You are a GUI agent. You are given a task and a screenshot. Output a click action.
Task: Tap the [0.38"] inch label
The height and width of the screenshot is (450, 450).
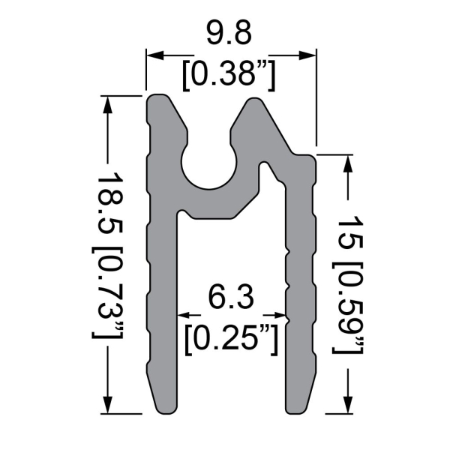(x=230, y=73)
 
